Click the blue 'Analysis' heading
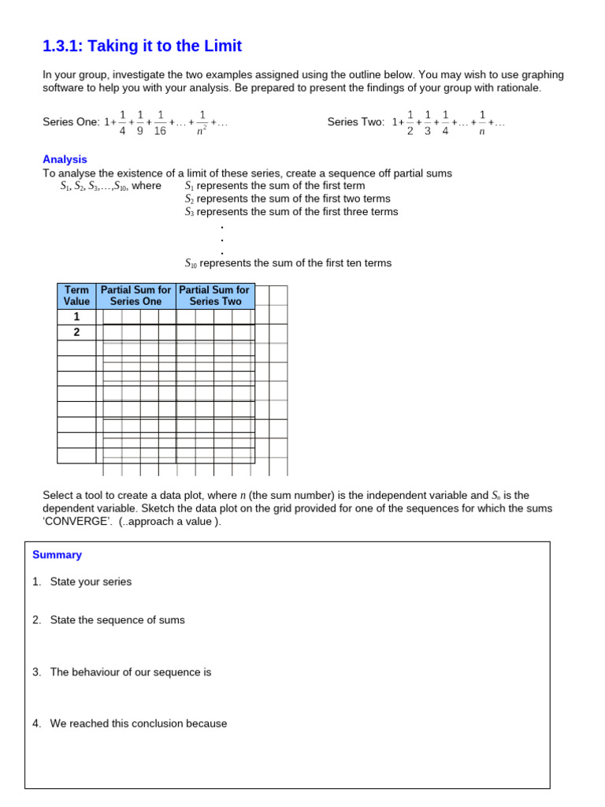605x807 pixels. click(x=65, y=159)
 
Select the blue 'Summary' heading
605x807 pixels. click(x=57, y=555)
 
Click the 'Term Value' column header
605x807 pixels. click(x=76, y=296)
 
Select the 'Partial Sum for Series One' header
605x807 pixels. click(x=135, y=296)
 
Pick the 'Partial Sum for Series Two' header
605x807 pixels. click(x=214, y=296)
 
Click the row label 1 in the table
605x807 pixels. click(x=76, y=316)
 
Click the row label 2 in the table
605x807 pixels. click(x=76, y=332)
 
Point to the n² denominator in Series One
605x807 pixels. click(x=202, y=132)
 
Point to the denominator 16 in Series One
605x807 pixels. click(x=160, y=132)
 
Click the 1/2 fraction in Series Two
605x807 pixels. click(x=410, y=122)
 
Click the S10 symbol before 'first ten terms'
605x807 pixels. click(x=191, y=263)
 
